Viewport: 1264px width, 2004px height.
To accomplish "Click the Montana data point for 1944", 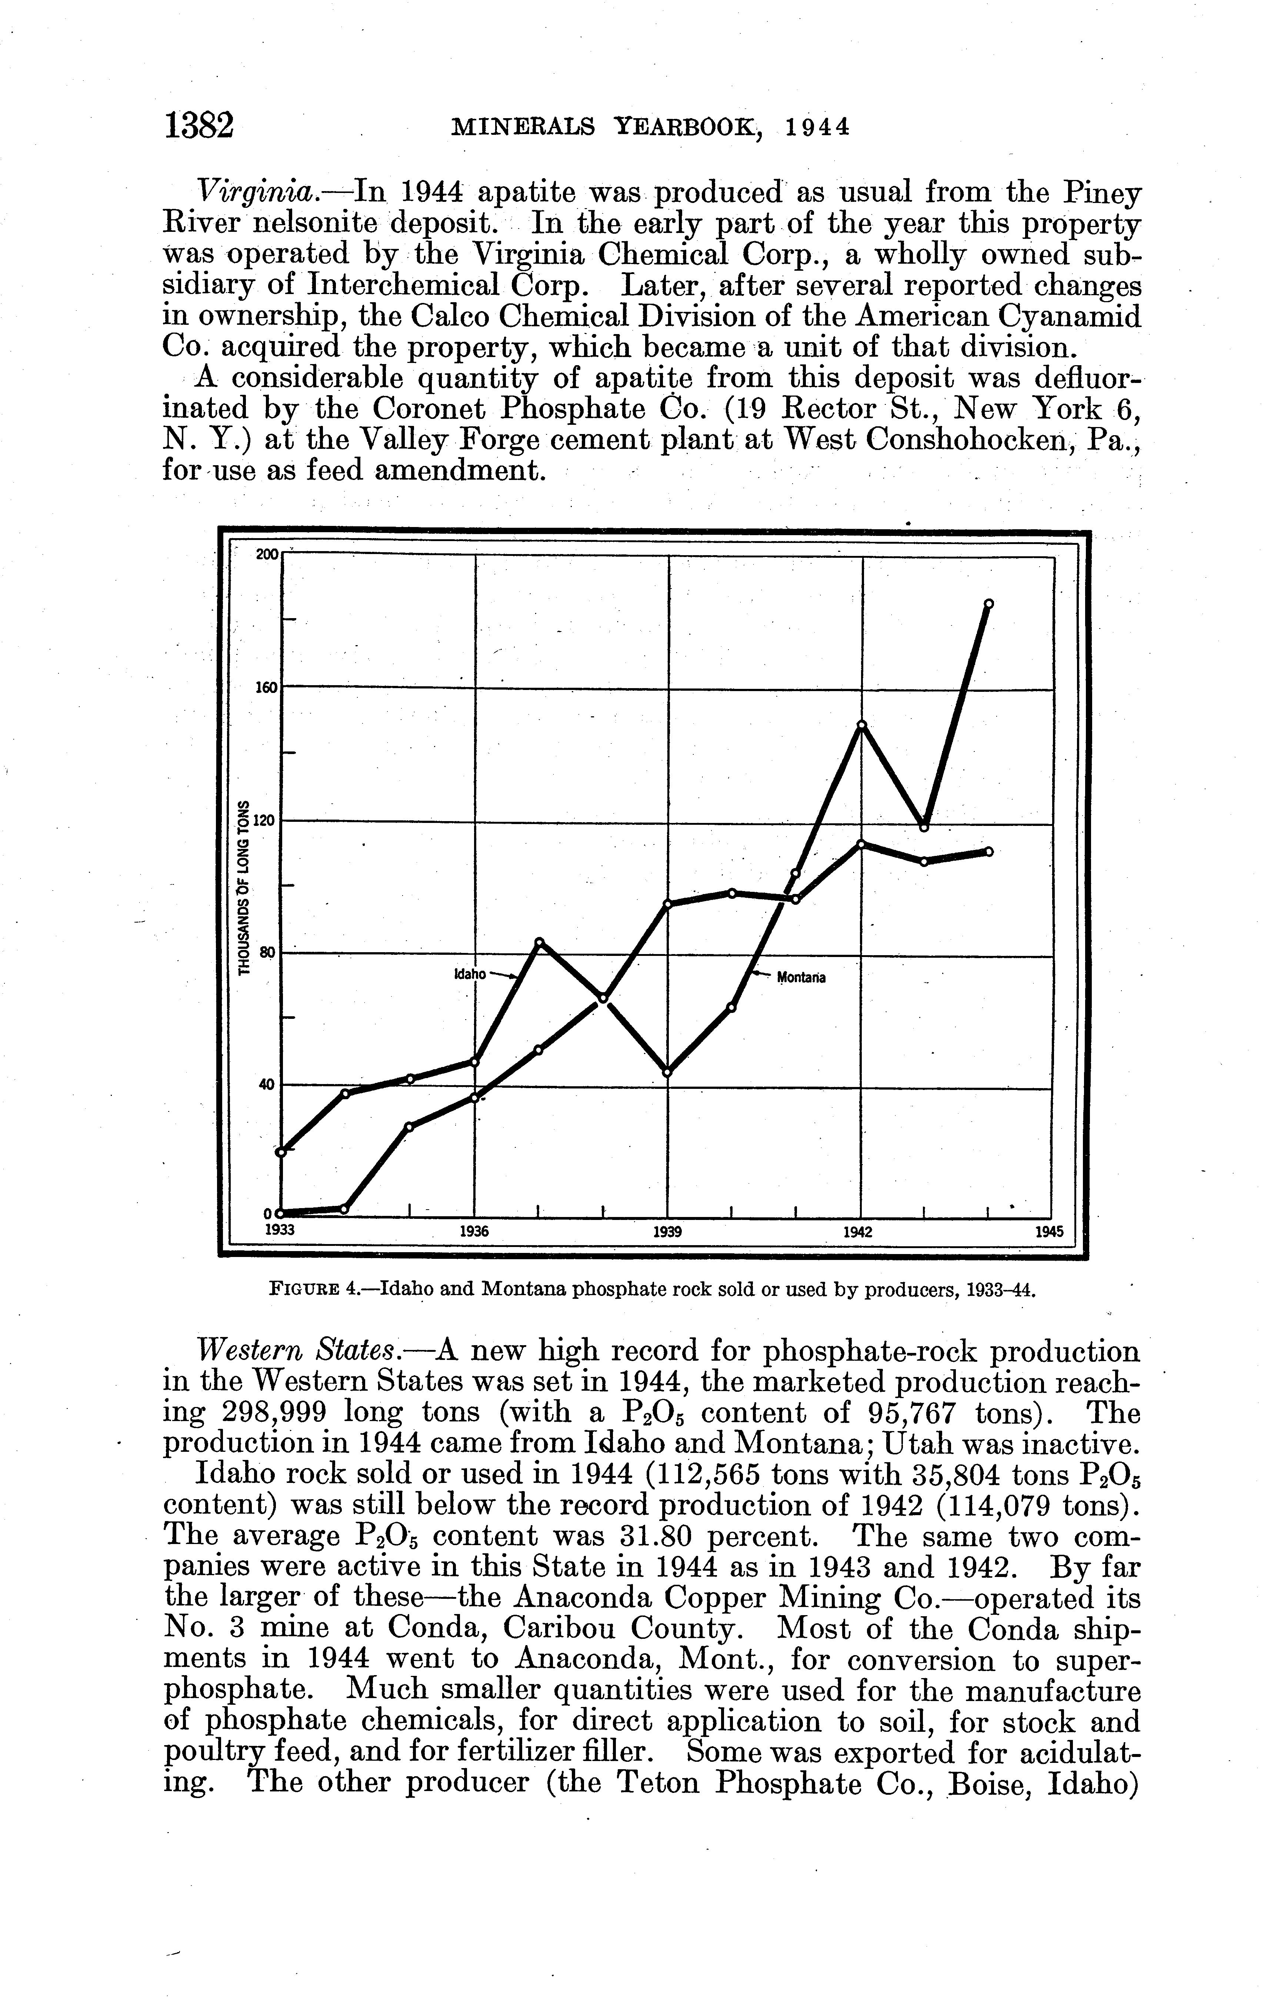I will coord(988,603).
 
